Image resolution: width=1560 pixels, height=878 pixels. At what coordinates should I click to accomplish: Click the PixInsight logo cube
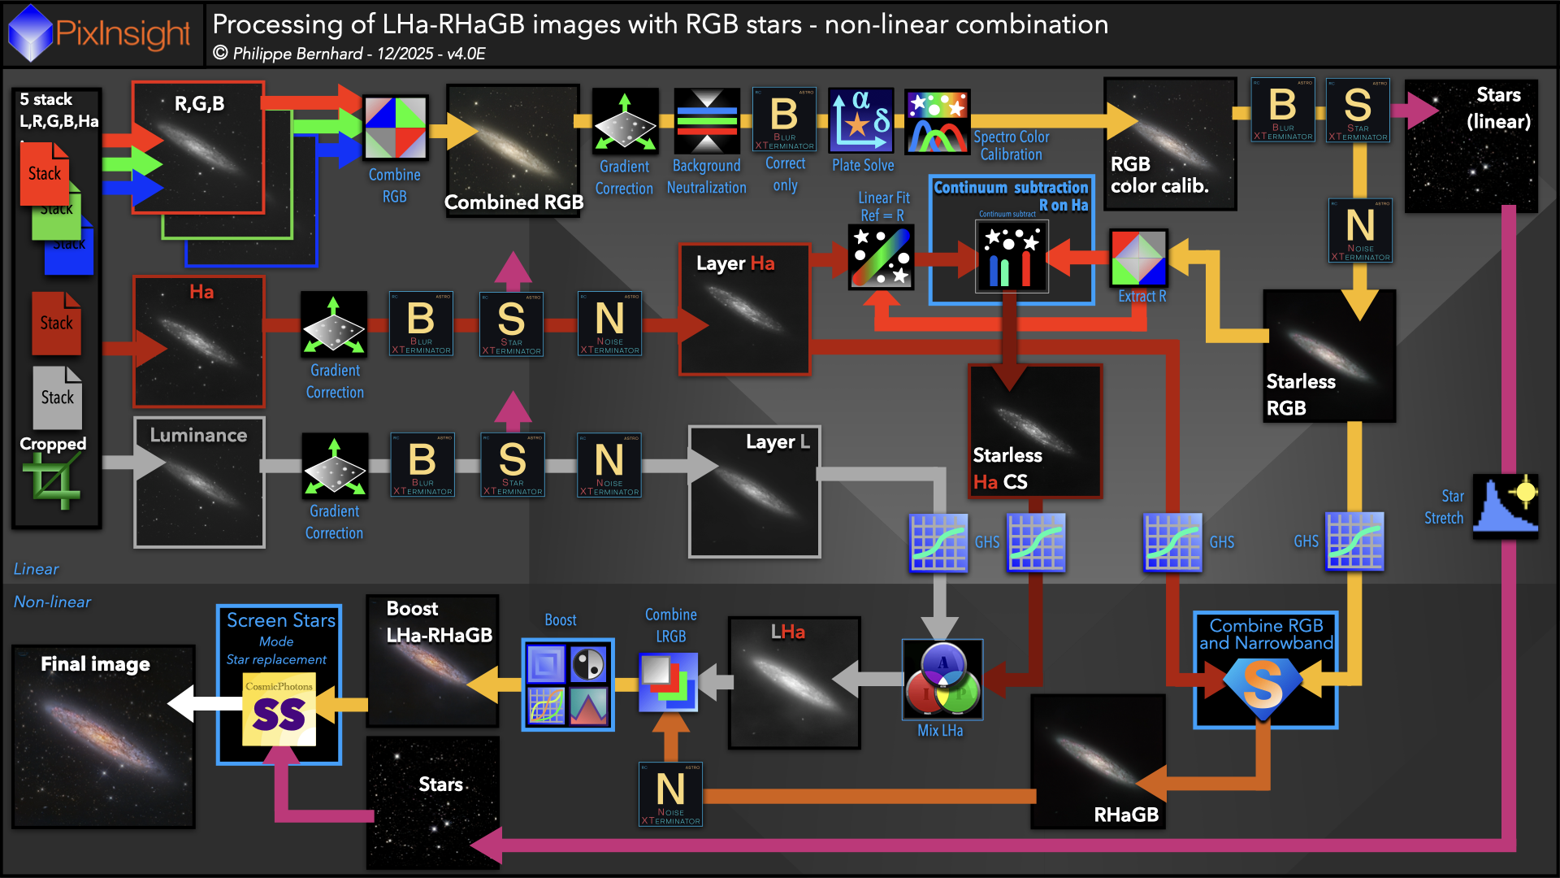[30, 33]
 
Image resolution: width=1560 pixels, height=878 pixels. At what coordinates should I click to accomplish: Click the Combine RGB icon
[395, 128]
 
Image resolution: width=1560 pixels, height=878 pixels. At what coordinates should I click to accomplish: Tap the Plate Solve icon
[861, 121]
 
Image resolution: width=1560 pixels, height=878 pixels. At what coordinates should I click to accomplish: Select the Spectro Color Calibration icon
[938, 123]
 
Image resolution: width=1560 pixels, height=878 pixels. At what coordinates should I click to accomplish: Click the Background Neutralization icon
[707, 121]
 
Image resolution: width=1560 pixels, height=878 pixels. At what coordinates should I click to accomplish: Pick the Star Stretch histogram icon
[1506, 507]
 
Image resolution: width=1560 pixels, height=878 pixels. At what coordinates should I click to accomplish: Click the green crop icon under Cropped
[53, 481]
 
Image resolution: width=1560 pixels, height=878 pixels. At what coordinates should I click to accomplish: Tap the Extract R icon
[1138, 259]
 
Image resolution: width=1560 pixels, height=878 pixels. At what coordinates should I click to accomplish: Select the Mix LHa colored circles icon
[942, 679]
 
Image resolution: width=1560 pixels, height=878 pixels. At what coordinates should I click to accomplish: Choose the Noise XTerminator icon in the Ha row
[609, 324]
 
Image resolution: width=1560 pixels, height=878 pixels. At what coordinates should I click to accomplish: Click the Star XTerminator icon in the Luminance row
[512, 465]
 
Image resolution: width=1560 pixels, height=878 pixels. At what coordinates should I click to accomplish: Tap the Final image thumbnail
[103, 737]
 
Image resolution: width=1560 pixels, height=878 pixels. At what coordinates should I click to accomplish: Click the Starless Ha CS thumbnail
[1034, 431]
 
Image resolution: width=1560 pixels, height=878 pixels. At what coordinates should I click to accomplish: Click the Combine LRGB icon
[668, 682]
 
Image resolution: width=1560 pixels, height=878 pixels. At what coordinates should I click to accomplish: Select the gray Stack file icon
[57, 398]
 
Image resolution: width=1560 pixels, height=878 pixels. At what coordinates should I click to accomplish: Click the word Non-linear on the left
[52, 602]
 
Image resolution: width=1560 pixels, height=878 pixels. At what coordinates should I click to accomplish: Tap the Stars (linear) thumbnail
[1471, 146]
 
